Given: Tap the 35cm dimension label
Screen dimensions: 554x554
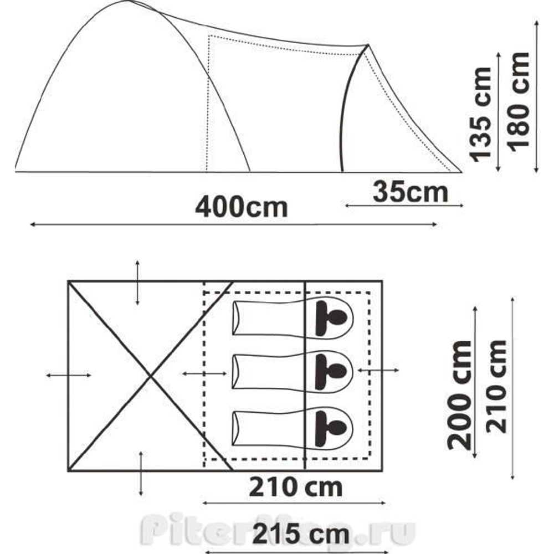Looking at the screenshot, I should tap(410, 192).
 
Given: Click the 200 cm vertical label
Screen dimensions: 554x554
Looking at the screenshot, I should tap(461, 394).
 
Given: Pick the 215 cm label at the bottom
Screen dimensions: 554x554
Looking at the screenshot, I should tap(301, 535).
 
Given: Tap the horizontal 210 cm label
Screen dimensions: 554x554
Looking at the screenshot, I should tap(295, 487).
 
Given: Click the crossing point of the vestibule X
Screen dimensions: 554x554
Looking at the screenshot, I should tap(151, 376).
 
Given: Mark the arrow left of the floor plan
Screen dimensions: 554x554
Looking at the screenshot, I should tap(69, 376).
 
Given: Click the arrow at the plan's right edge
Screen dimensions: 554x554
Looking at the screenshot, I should tap(378, 370).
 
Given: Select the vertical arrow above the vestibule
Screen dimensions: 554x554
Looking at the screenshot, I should tap(137, 281).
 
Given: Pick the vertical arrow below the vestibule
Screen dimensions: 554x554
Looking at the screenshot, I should tap(142, 473).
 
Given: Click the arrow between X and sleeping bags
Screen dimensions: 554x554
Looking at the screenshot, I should tap(204, 374).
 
